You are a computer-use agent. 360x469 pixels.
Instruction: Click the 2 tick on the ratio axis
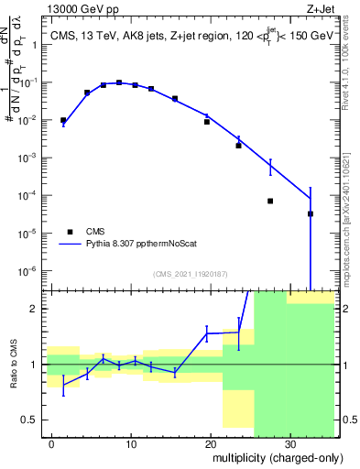pos(38,309)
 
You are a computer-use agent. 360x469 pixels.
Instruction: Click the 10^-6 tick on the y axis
pos(30,271)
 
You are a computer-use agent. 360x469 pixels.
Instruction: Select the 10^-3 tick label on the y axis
pos(30,158)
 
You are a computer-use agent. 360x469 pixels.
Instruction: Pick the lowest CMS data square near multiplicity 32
pos(310,213)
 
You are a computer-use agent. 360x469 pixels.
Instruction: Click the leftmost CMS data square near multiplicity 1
pos(63,120)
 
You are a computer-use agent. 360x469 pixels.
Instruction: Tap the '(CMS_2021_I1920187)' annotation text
pos(191,274)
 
